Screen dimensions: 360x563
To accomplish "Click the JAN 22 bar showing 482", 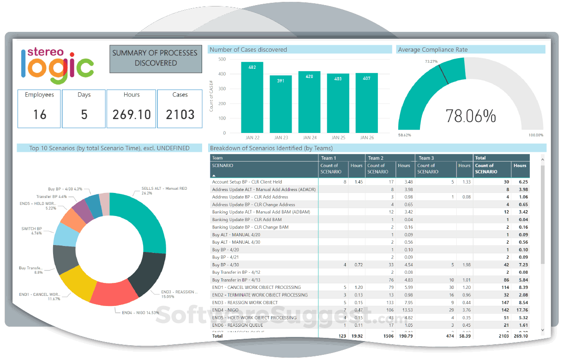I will point(252,97).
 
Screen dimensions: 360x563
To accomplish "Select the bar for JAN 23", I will point(281,104).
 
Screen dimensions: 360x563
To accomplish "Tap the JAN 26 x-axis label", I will point(367,138).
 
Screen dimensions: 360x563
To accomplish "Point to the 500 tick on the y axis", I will point(222,59).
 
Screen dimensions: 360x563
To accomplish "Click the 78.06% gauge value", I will point(471,116).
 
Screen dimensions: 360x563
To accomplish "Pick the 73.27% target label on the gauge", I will point(431,61).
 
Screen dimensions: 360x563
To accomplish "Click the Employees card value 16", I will point(40,114).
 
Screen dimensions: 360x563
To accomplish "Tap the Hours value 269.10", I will point(132,114).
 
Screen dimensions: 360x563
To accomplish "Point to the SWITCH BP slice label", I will point(32,229).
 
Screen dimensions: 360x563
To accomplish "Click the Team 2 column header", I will point(376,158).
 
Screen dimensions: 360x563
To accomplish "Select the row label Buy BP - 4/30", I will point(226,265).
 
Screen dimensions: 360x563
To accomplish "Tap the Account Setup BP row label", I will point(247,182).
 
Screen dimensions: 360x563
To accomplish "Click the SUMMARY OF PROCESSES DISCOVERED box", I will point(156,58).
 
